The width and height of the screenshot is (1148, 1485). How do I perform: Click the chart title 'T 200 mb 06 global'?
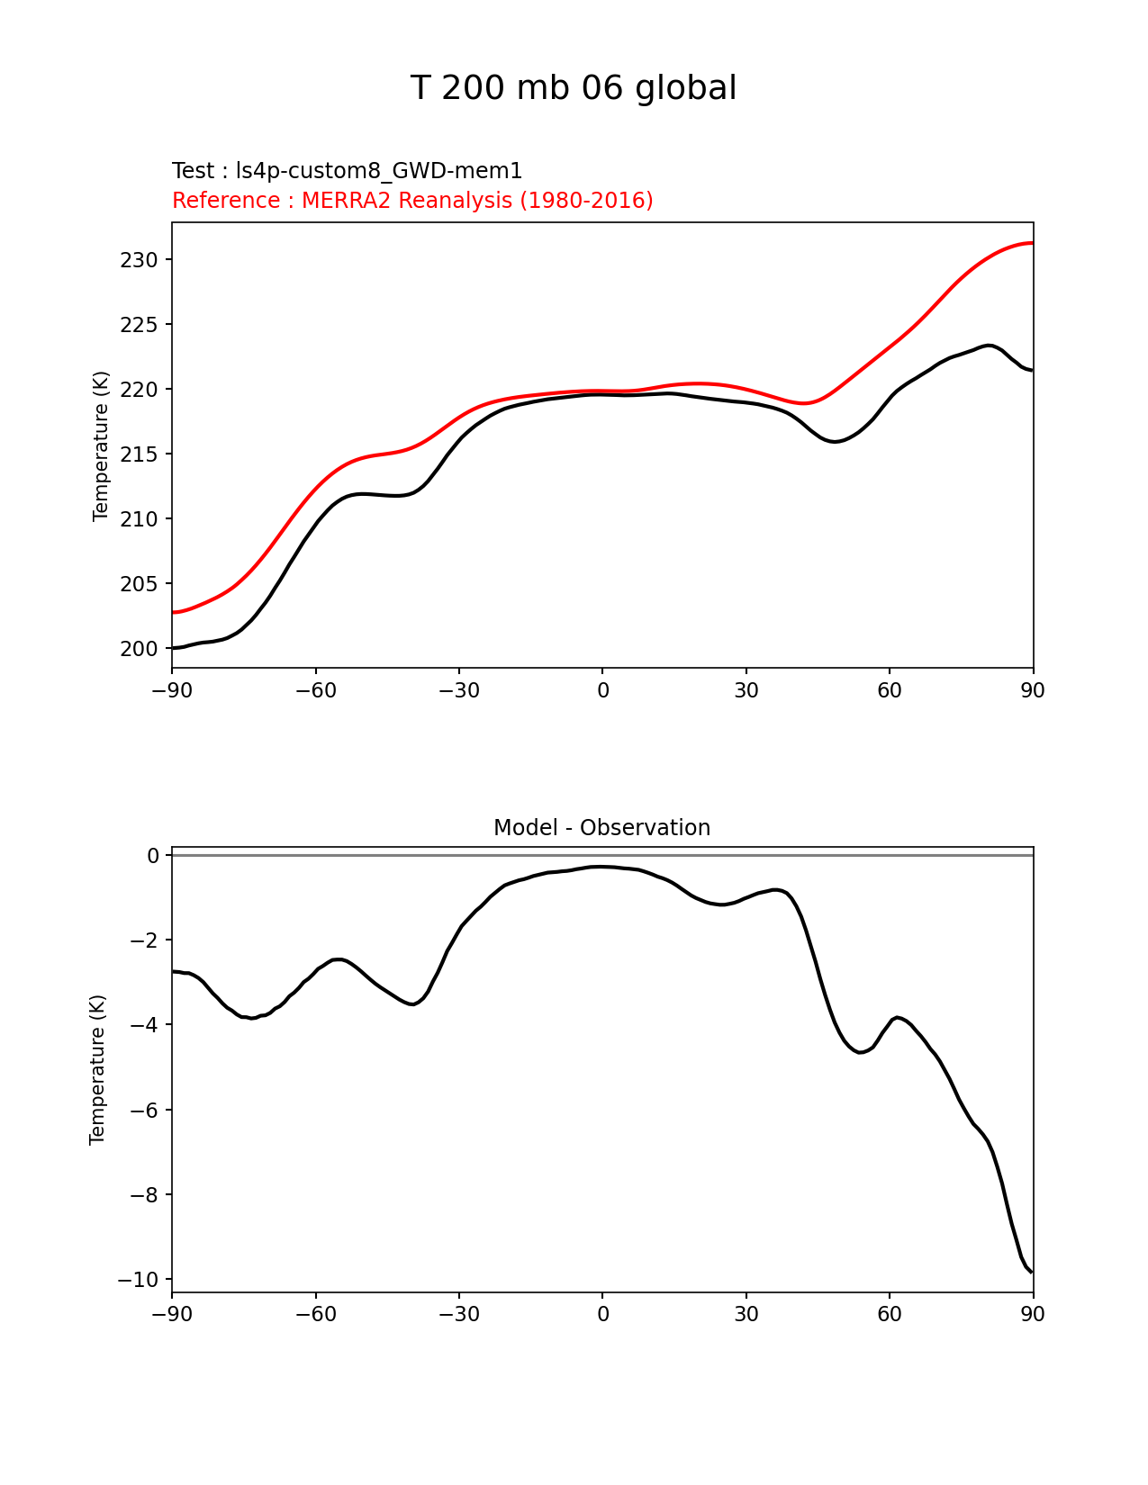click(574, 88)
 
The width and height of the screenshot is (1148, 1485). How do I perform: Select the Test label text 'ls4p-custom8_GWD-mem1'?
click(379, 171)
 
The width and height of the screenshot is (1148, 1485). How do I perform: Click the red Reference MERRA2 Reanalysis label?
click(412, 201)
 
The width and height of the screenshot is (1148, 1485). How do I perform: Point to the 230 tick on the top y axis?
click(139, 260)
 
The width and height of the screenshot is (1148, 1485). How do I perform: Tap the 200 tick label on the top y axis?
click(139, 649)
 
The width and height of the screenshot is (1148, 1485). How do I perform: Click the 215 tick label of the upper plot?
click(139, 454)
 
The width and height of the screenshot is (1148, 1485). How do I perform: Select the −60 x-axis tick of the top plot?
click(315, 690)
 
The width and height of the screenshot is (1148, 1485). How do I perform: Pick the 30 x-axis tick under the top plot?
click(746, 690)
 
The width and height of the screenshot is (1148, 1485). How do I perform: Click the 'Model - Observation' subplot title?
click(601, 828)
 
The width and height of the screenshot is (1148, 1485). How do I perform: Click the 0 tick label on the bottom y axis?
click(153, 856)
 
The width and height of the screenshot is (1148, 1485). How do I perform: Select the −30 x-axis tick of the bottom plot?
click(458, 1314)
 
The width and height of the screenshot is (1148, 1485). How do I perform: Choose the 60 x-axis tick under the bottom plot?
click(890, 1314)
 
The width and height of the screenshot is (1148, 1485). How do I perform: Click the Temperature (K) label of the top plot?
click(101, 445)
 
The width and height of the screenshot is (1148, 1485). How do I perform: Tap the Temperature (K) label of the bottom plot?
click(97, 1069)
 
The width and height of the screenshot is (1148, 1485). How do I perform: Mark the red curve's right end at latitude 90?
click(1032, 243)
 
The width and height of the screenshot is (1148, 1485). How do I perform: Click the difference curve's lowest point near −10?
click(1031, 1271)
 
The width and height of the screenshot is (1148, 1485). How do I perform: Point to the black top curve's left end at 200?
click(174, 648)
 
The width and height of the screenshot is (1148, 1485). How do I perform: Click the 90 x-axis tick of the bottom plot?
click(1033, 1314)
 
